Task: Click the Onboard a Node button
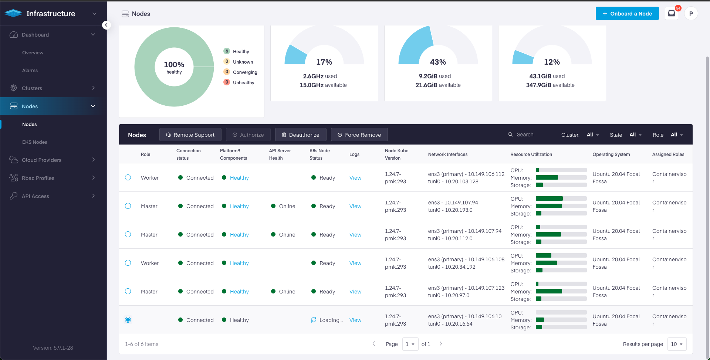[627, 14]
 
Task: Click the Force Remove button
[359, 135]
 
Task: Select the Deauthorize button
[300, 135]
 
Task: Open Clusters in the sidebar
[32, 88]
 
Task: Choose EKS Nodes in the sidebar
[34, 142]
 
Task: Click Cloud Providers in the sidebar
[41, 160]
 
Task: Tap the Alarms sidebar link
[30, 71]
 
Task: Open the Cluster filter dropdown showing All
[592, 135]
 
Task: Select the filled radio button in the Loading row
[128, 320]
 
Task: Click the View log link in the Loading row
[355, 320]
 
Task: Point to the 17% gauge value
[324, 62]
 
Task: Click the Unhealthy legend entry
[243, 83]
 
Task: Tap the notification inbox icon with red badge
[671, 14]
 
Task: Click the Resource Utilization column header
[531, 154]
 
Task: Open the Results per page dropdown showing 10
[676, 344]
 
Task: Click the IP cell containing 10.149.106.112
[466, 174]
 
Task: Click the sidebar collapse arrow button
[106, 25]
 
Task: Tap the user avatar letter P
[691, 14]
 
